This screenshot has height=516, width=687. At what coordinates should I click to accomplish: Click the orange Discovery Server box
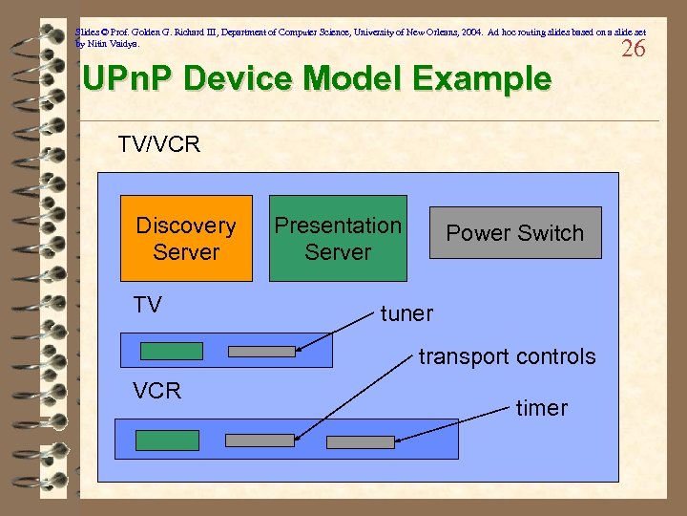pos(186,239)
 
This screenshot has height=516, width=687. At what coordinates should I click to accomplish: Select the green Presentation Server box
pos(337,239)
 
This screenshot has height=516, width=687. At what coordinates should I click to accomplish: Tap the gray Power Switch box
pos(515,233)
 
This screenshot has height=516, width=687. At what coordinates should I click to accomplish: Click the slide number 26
pos(633,49)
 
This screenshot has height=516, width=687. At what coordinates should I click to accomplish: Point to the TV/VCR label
pos(158,144)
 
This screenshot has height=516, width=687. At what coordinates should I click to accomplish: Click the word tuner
pos(406,313)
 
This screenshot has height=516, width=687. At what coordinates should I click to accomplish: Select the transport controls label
pos(507,357)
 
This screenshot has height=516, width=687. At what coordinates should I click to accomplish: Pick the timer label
pos(541,408)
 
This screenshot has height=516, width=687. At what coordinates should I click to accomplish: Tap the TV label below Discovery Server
pos(148,305)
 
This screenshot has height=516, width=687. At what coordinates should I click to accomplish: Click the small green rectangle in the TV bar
pos(172,351)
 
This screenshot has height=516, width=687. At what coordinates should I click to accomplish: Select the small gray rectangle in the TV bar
pos(262,351)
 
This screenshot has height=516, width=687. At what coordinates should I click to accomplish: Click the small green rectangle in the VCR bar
pos(167,440)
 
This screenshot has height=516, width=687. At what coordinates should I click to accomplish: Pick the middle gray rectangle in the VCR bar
pos(259,441)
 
